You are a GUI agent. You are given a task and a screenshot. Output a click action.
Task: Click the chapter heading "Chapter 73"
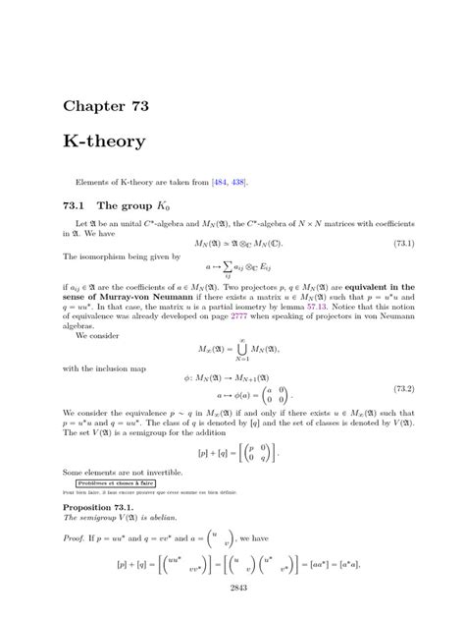[105, 104]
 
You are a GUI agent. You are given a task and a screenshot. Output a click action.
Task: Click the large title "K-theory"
[105, 141]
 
